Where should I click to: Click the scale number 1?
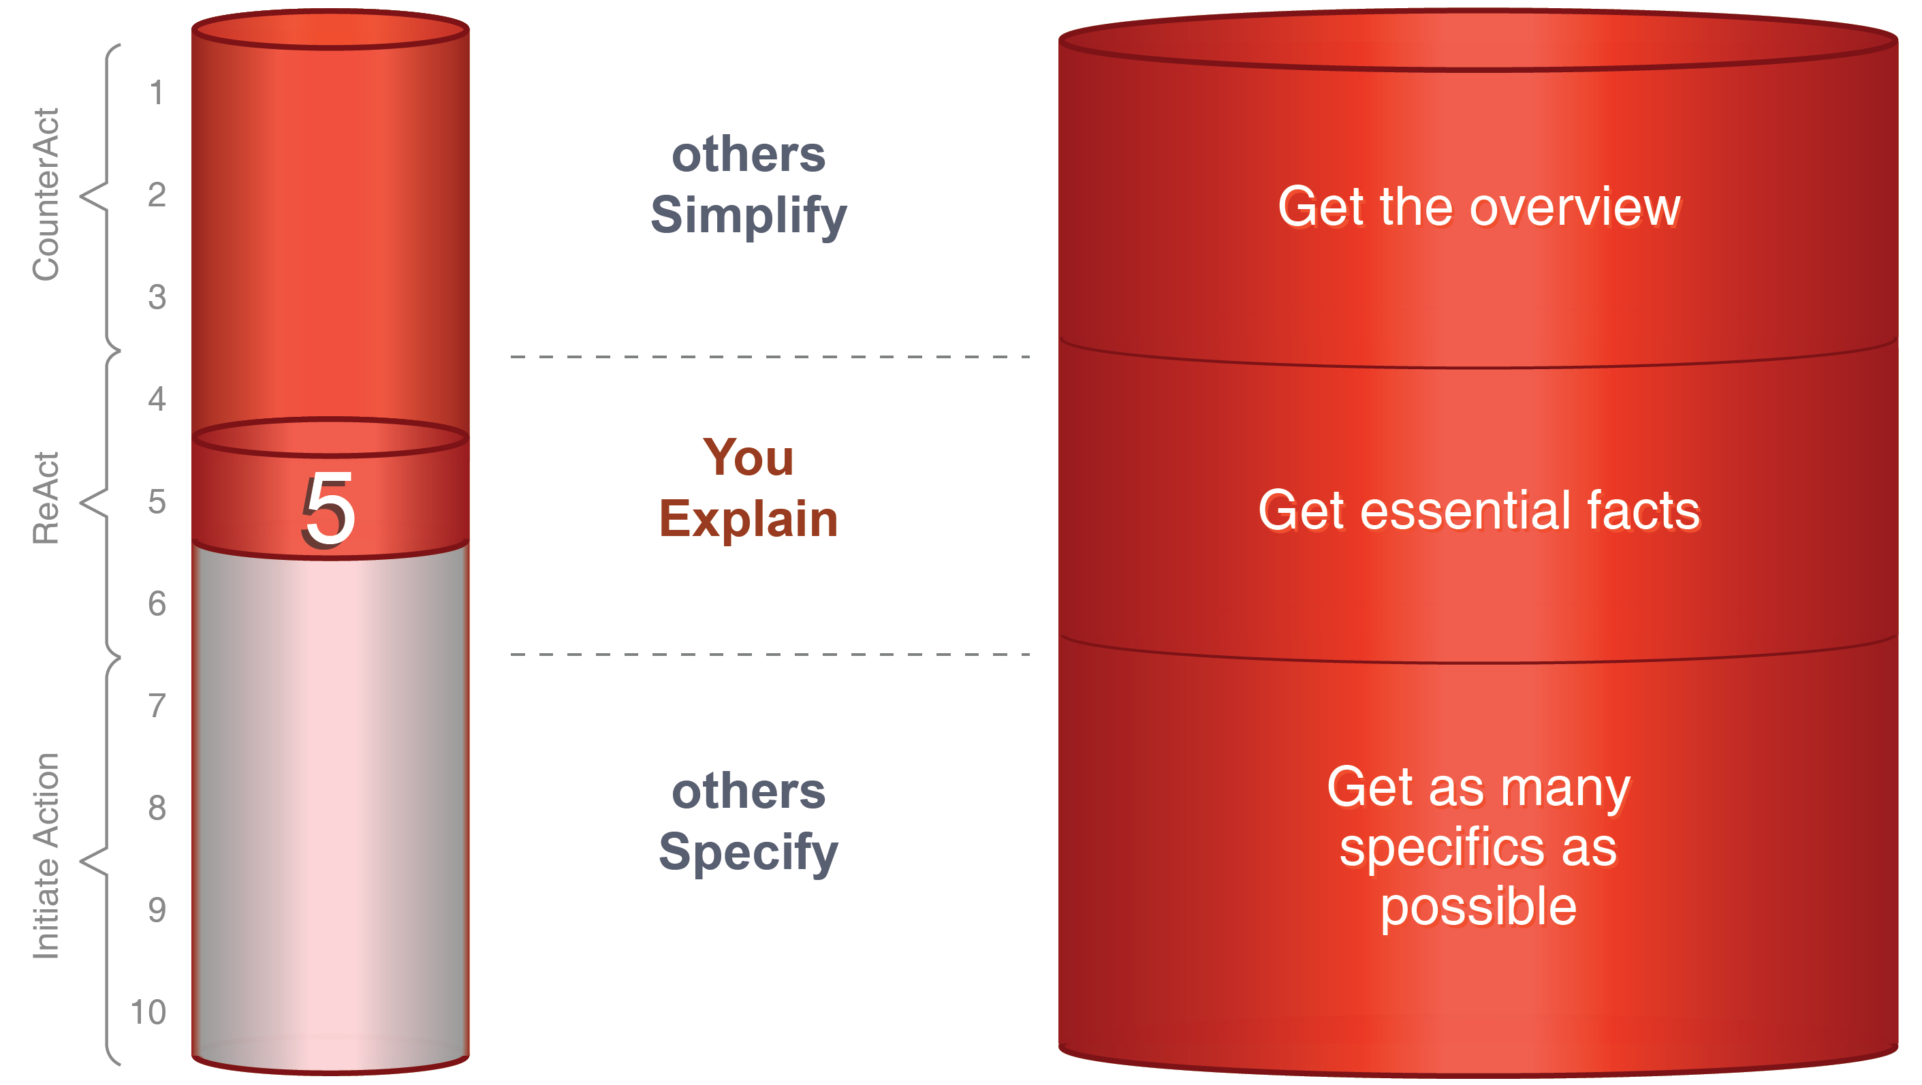tap(157, 93)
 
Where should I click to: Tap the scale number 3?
tap(157, 297)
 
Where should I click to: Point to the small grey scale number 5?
tap(157, 501)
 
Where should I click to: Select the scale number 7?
tap(157, 706)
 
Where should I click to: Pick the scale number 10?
tap(148, 1012)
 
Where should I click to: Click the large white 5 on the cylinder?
tap(328, 510)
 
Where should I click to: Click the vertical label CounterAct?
tap(46, 194)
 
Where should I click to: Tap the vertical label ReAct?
tap(46, 498)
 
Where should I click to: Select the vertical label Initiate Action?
tap(46, 855)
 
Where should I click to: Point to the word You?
tap(749, 457)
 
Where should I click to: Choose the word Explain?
tap(749, 518)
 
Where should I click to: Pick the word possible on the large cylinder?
tap(1478, 908)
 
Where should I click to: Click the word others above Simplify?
tap(749, 155)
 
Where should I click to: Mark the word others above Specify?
tap(749, 791)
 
